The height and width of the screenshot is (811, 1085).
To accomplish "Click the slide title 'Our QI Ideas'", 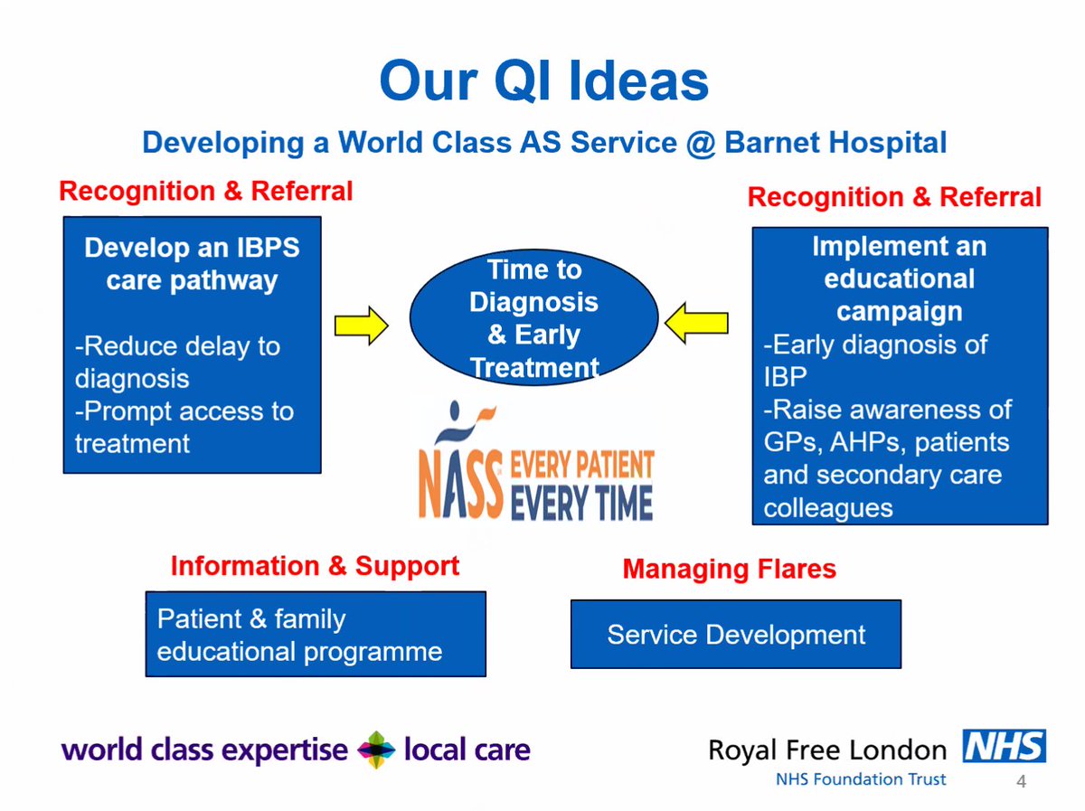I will point(543,80).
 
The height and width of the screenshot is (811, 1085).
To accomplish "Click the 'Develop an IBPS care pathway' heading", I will point(191,264).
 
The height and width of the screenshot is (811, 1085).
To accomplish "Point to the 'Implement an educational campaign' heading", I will point(899,278).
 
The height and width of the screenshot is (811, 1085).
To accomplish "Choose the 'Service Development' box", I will point(735,634).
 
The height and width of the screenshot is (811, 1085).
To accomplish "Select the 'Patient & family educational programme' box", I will point(316,634).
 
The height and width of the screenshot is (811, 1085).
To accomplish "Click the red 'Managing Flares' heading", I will point(729,569).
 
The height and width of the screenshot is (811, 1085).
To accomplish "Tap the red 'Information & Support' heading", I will point(315,566).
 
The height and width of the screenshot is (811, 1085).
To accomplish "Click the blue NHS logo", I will point(1004,747).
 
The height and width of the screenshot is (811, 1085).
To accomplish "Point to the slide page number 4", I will point(1022,782).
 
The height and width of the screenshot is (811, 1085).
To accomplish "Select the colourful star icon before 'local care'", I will point(376,750).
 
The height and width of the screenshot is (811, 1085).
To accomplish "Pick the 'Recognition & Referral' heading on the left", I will point(205,191).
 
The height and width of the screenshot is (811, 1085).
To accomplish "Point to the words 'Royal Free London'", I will point(826,750).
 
